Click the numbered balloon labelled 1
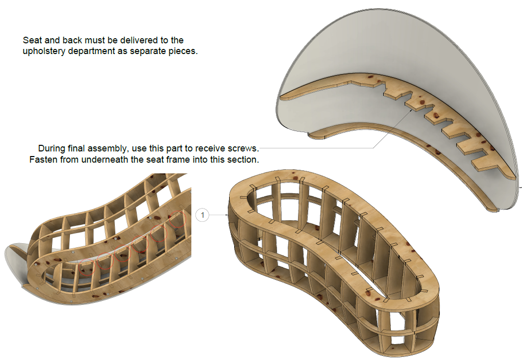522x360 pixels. (x=203, y=215)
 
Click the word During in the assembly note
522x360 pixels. (x=52, y=148)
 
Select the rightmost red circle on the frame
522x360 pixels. (x=178, y=219)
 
